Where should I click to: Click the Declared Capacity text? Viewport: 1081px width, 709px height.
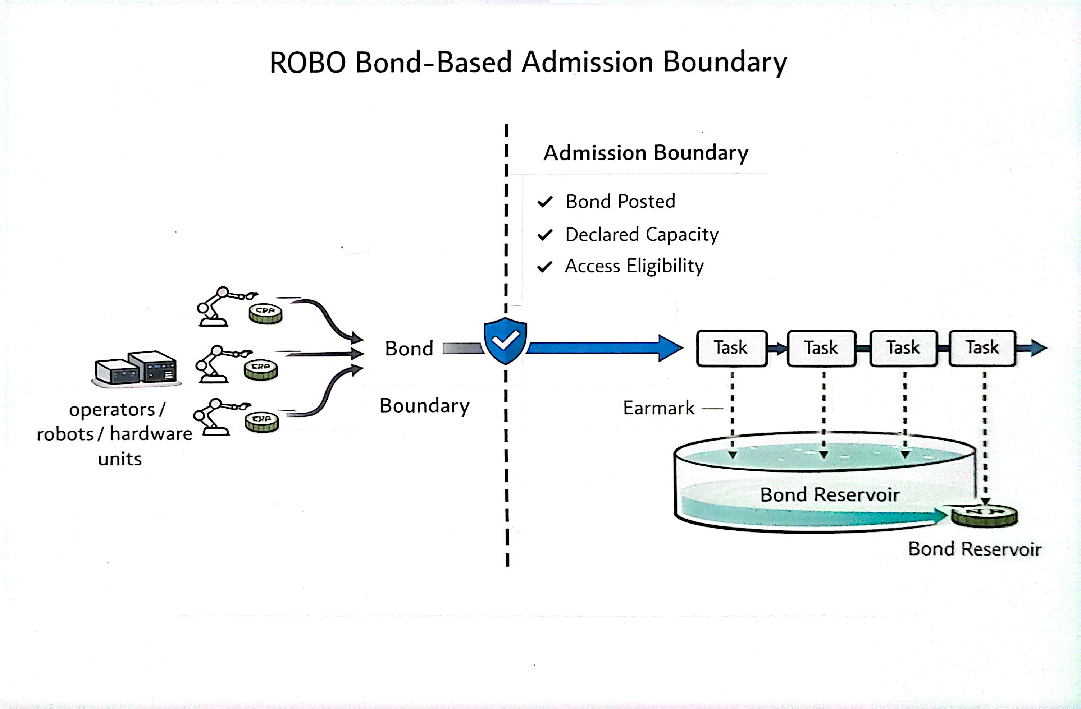click(x=641, y=235)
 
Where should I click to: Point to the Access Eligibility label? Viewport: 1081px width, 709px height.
click(x=634, y=266)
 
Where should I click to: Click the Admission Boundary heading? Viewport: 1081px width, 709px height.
click(x=646, y=153)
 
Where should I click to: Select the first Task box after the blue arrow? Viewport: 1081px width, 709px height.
click(x=731, y=348)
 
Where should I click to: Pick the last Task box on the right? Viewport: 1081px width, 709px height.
click(x=982, y=348)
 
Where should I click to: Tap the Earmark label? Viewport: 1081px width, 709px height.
click(x=658, y=408)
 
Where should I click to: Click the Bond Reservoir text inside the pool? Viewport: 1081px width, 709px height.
click(x=829, y=495)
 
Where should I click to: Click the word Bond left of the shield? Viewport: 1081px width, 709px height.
click(x=409, y=349)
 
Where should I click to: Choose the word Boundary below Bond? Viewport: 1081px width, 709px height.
click(x=424, y=406)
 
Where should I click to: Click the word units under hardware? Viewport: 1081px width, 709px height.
click(x=120, y=459)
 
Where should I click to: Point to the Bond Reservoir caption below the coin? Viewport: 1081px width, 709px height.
click(x=974, y=549)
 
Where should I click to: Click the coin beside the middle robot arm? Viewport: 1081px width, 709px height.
click(x=260, y=369)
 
